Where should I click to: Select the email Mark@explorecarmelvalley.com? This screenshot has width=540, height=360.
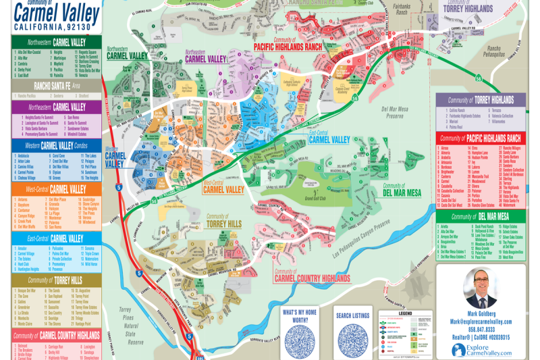click(x=481, y=322)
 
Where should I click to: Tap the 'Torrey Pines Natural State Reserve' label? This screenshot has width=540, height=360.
click(x=127, y=325)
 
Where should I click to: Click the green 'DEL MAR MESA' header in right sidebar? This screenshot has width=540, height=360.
click(x=481, y=217)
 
